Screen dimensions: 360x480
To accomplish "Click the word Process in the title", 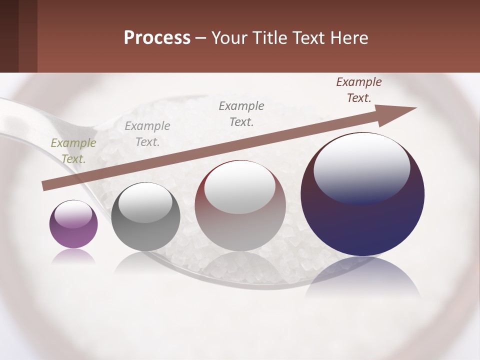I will coord(157,38).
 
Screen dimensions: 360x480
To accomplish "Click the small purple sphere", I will coord(73,224).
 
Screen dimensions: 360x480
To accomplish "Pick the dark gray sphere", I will coord(145,217).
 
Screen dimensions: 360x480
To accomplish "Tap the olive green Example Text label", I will coord(73,151).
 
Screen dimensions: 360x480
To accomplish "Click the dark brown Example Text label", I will coord(359,90).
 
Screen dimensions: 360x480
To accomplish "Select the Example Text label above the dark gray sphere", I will coord(147,134).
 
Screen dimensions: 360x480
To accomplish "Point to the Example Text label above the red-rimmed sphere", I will coord(241,113).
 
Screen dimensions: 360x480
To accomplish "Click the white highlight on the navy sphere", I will coord(361,167).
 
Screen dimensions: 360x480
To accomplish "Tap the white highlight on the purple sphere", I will coord(73,214).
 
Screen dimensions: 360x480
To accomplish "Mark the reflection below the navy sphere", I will coord(362,277).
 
